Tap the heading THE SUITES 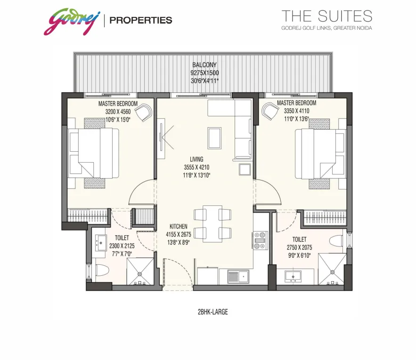pyautogui.click(x=326, y=16)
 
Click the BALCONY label pyautogui.click(x=204, y=65)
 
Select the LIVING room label pyautogui.click(x=196, y=159)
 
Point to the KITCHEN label pyautogui.click(x=178, y=226)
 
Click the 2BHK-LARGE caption pyautogui.click(x=213, y=312)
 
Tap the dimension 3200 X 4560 pyautogui.click(x=118, y=112)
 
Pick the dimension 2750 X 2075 pyautogui.click(x=299, y=247)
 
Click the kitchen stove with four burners pyautogui.click(x=260, y=241)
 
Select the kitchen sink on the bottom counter pyautogui.click(x=238, y=277)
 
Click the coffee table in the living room pyautogui.click(x=215, y=138)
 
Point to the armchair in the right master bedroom pyautogui.click(x=270, y=111)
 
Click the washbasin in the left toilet pyautogui.click(x=100, y=243)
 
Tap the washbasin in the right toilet pyautogui.click(x=293, y=277)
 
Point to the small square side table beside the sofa pyautogui.click(x=245, y=169)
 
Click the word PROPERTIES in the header pyautogui.click(x=141, y=20)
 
